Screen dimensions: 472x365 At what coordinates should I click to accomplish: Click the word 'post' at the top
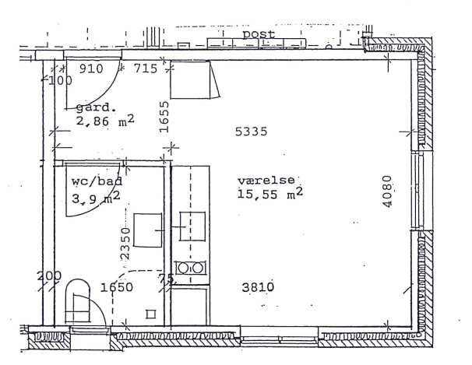pos(259,34)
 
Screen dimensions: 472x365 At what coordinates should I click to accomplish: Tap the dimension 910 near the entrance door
pos(91,68)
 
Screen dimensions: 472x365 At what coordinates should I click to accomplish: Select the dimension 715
pos(146,68)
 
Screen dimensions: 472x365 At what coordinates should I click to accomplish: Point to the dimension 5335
pos(251,132)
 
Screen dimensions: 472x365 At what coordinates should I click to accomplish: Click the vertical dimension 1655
pos(164,117)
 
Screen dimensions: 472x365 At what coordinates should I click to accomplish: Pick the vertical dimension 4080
pos(387,191)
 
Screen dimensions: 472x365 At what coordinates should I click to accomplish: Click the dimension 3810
pos(258,287)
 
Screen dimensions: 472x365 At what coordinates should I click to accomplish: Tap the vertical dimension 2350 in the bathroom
pos(125,244)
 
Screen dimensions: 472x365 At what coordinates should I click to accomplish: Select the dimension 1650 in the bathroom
pos(117,287)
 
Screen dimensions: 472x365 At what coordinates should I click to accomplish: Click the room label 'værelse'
pos(266,180)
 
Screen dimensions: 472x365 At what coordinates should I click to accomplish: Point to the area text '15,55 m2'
pos(270,193)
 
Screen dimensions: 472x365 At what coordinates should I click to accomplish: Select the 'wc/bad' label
pos(97,181)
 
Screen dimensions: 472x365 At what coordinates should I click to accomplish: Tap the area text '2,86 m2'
pos(105,121)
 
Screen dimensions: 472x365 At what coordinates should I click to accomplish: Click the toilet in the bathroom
pos(78,302)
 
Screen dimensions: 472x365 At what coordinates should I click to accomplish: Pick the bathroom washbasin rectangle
pos(147,230)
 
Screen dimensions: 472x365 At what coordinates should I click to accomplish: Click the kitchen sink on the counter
pos(192,226)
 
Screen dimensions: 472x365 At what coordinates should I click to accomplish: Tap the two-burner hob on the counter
pos(192,268)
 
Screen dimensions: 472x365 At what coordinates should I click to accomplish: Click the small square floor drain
pos(151,314)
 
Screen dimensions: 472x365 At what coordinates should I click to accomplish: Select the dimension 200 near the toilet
pos(49,276)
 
